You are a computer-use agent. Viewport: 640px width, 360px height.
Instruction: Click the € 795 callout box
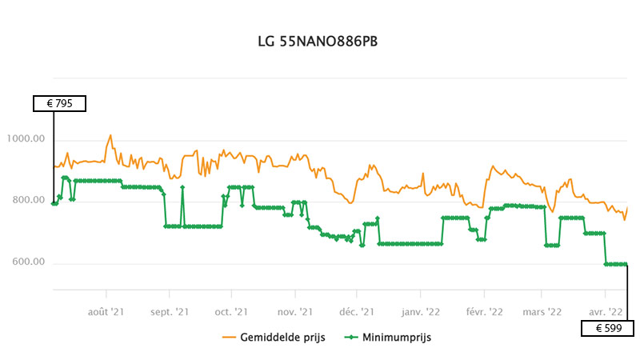click(x=58, y=103)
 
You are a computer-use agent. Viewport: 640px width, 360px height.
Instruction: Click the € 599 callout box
click(x=607, y=328)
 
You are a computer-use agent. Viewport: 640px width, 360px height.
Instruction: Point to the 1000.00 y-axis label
click(x=26, y=139)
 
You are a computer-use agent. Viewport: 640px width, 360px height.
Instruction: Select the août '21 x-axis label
click(x=106, y=310)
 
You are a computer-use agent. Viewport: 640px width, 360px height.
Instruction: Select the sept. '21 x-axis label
click(x=169, y=310)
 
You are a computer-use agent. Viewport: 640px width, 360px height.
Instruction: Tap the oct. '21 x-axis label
click(x=230, y=310)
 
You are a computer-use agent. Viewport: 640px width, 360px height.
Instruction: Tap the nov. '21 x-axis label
click(x=293, y=310)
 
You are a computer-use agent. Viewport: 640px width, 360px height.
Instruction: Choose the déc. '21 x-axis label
click(x=357, y=310)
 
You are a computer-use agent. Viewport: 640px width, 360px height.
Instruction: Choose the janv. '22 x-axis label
click(x=421, y=310)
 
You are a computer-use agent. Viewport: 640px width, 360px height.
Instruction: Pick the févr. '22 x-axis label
click(x=483, y=310)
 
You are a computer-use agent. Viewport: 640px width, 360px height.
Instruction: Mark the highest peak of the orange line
click(x=110, y=135)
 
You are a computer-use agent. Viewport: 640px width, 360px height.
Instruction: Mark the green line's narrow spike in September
click(x=182, y=187)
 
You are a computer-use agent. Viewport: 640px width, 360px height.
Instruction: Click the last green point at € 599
click(x=626, y=264)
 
